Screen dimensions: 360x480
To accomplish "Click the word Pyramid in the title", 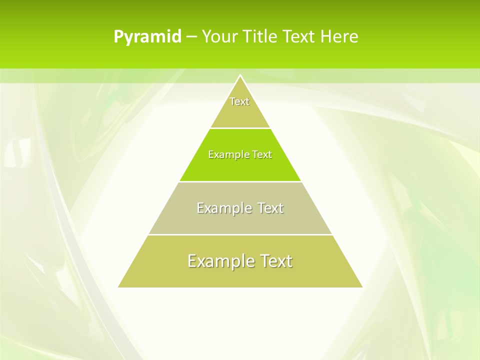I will click(x=147, y=37).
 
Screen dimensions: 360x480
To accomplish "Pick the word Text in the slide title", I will click(x=299, y=37).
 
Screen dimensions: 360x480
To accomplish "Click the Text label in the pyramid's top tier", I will click(x=239, y=101).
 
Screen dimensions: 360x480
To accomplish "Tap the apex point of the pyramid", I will click(x=240, y=75).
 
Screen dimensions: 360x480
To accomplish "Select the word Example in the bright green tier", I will click(x=225, y=154).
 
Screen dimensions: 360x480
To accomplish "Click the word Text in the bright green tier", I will click(x=262, y=154).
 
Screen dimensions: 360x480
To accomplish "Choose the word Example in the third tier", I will click(x=218, y=208).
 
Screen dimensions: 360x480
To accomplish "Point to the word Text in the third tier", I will click(x=270, y=208).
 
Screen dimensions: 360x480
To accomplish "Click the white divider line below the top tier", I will click(x=240, y=128).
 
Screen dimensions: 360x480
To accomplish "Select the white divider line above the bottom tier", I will click(x=240, y=234).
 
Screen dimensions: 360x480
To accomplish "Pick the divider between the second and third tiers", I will click(x=240, y=181).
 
